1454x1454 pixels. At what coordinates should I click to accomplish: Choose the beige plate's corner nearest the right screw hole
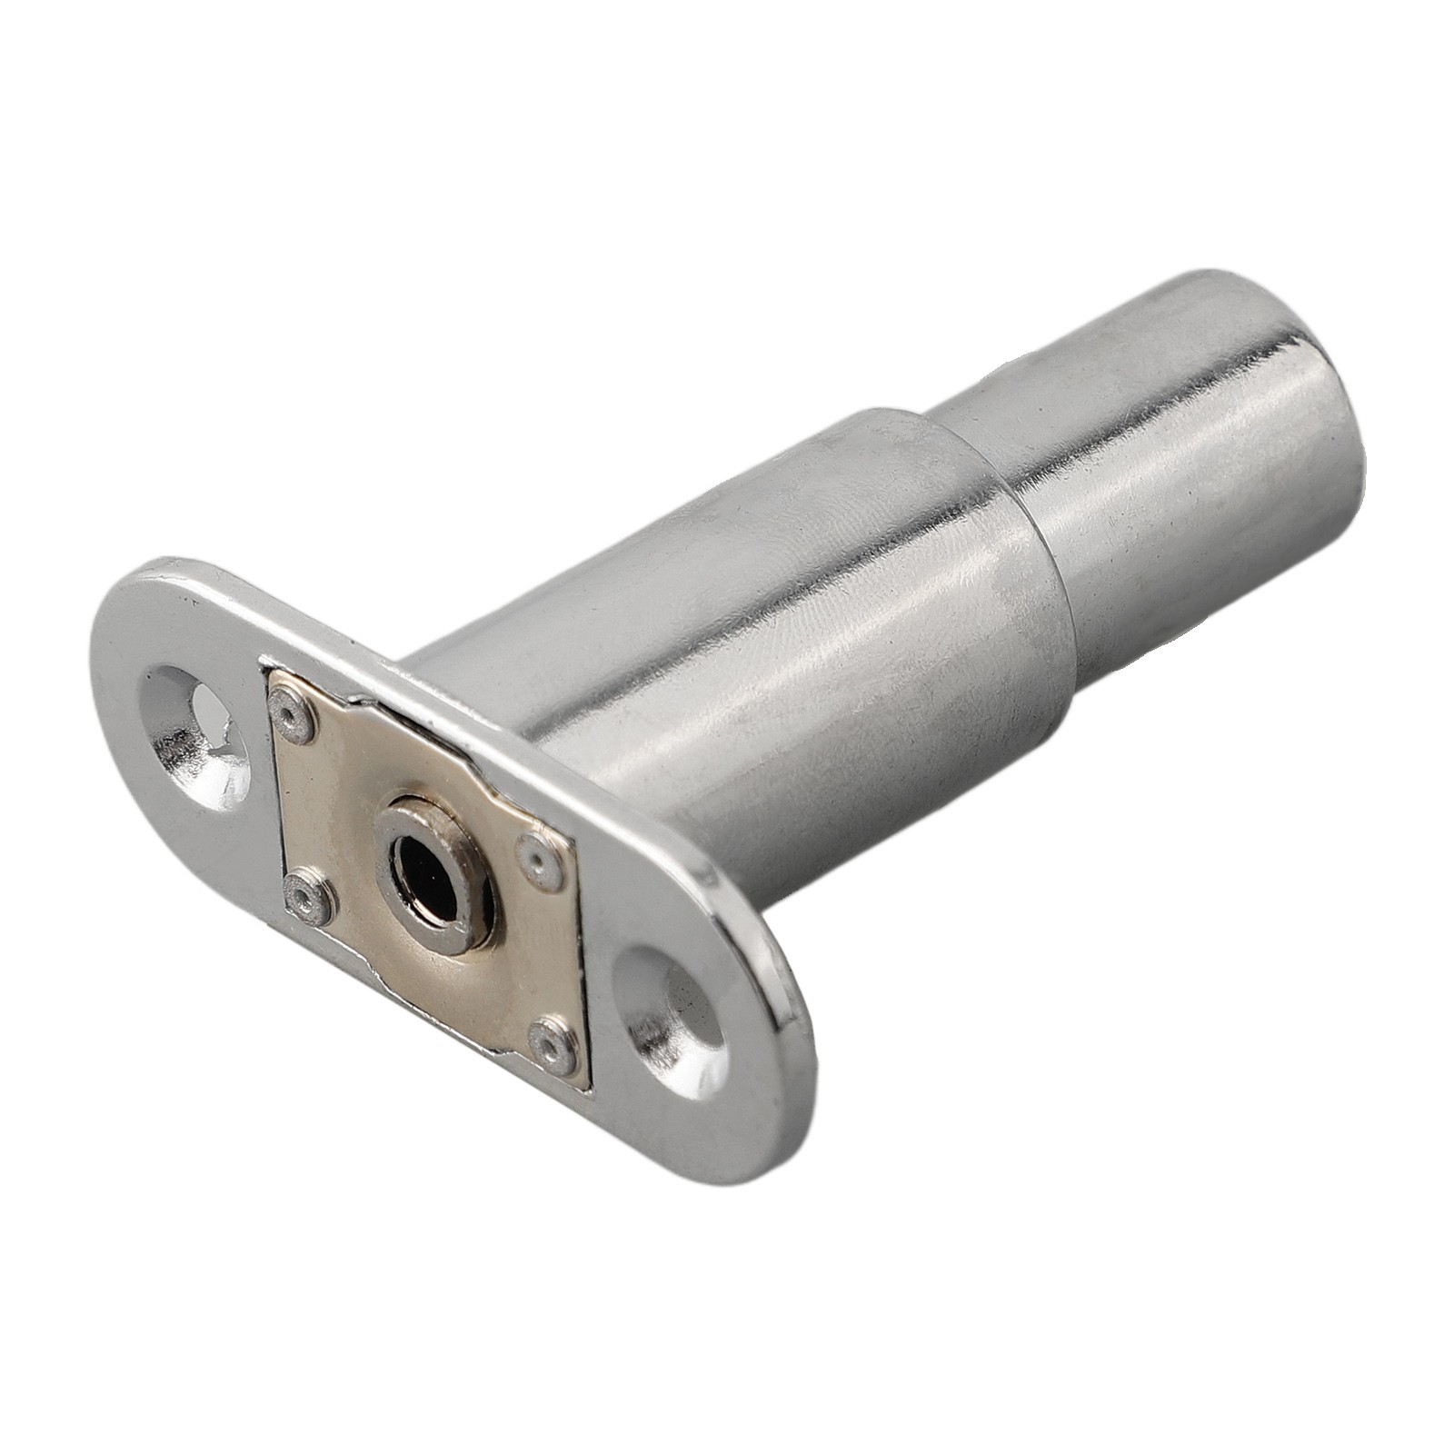click(587, 1085)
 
